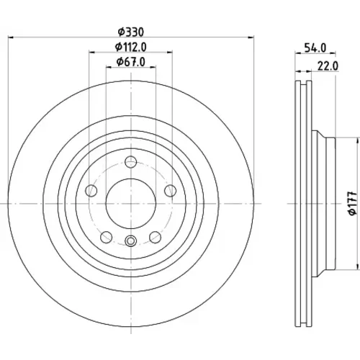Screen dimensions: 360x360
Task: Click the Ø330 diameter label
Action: pyautogui.click(x=131, y=32)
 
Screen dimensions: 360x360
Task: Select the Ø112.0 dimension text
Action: pyautogui.click(x=131, y=47)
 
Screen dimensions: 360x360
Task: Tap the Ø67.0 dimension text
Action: pyautogui.click(x=131, y=62)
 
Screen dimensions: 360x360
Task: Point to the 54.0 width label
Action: pyautogui.click(x=315, y=48)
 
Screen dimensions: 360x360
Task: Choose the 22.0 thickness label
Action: pyautogui.click(x=328, y=66)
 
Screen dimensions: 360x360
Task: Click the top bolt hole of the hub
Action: pyautogui.click(x=131, y=162)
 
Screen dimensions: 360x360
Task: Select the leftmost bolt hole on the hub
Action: pyautogui.click(x=91, y=191)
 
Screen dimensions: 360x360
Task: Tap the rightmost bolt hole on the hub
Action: pyautogui.click(x=171, y=191)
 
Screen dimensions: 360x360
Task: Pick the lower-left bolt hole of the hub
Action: pyautogui.click(x=107, y=238)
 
